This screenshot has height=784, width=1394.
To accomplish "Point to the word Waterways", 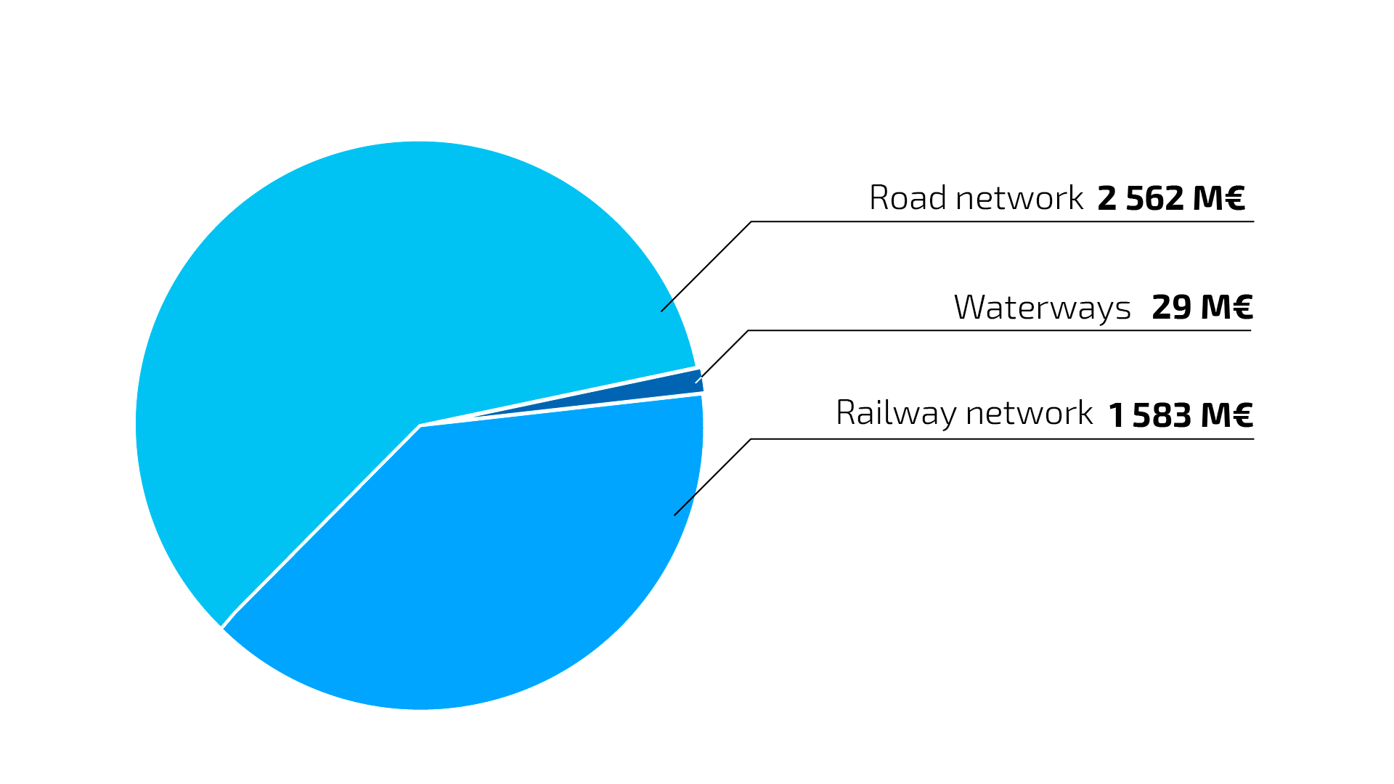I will [x=1042, y=307].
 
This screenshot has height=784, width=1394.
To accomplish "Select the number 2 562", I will [x=1141, y=198].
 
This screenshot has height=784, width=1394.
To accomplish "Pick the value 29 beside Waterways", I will [x=1171, y=307].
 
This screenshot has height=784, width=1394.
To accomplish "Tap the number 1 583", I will [x=1150, y=415].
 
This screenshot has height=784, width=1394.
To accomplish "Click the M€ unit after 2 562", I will [x=1218, y=198].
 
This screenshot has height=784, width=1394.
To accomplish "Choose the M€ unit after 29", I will [x=1226, y=307].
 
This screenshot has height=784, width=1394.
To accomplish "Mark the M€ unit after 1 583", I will [x=1226, y=415].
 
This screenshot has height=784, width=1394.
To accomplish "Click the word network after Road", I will [x=1019, y=198].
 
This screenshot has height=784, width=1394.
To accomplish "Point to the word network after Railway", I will [x=1029, y=413].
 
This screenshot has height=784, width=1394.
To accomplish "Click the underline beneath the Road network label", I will [x=1002, y=221].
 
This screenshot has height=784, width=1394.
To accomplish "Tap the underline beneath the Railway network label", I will [x=1002, y=439].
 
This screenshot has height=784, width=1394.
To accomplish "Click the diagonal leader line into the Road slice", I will [x=706, y=266].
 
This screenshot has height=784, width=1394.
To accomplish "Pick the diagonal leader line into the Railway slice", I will [x=712, y=477].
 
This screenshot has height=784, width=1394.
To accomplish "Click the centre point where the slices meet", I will [x=420, y=425].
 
